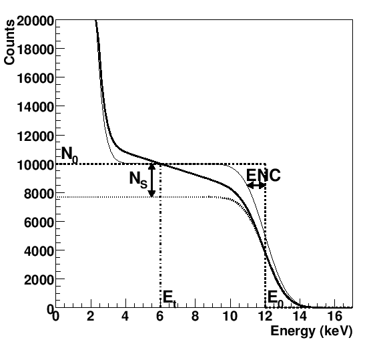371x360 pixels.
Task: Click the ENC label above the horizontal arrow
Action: (x=263, y=175)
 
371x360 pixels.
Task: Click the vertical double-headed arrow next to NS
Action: (x=152, y=180)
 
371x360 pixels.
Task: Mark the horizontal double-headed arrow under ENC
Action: (x=256, y=185)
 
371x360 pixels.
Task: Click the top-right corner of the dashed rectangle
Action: (x=266, y=164)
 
